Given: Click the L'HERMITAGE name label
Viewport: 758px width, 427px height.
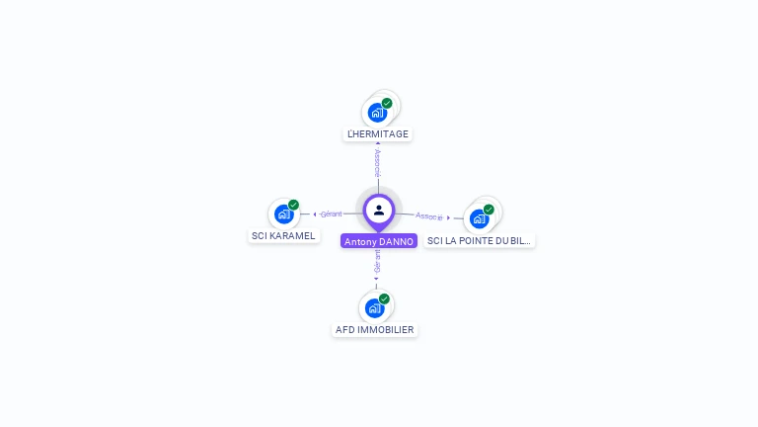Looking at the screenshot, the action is [x=378, y=133].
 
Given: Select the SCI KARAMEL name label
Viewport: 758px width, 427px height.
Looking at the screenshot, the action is [x=283, y=236].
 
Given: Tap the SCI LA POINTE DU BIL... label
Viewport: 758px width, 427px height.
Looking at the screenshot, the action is [x=480, y=240].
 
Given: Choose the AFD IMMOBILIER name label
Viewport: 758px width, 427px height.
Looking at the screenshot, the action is [x=375, y=330].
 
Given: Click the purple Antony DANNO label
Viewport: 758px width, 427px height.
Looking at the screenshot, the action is [x=379, y=241].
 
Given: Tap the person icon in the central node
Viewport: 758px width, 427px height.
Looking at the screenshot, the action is [x=379, y=210].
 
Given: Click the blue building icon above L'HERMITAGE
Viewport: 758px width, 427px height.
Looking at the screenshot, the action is [x=376, y=113].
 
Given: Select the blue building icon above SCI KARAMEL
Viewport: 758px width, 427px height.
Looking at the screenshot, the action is [x=283, y=213].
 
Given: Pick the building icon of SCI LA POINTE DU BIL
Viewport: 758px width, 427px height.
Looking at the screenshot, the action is [x=480, y=218].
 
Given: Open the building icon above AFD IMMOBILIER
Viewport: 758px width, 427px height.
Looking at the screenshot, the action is [x=374, y=307].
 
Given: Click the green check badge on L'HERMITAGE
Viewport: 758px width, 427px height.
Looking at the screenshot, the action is [x=387, y=103].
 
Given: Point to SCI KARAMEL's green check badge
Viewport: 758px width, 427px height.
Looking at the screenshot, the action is [x=293, y=205].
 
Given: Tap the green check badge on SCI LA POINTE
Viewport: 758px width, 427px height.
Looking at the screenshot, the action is [x=489, y=210].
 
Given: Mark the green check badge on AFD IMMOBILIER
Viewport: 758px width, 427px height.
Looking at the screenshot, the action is [x=384, y=299].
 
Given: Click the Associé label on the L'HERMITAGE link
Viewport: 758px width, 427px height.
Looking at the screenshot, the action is [x=377, y=160].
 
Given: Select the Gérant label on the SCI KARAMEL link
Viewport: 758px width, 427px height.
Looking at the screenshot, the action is [x=331, y=214].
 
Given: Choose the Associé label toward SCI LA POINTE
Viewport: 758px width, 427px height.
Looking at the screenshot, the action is [x=428, y=215].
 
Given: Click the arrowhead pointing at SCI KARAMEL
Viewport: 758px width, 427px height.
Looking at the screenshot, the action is [x=315, y=214].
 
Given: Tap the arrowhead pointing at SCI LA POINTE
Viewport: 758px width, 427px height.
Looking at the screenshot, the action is [x=449, y=217].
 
